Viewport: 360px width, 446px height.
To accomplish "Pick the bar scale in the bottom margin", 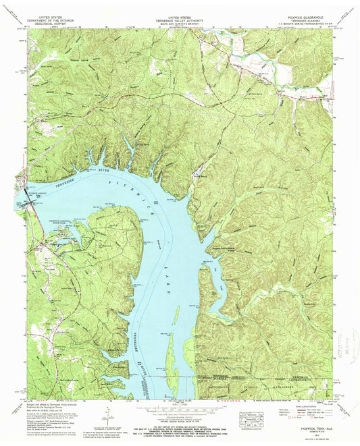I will pos(180,414).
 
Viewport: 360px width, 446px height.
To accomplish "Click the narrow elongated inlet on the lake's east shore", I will pos(210,290).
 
